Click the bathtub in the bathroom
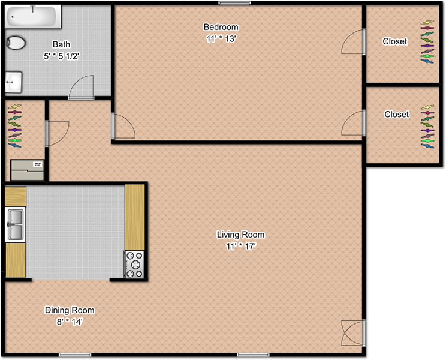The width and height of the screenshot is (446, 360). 33,17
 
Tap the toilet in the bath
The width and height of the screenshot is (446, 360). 16,43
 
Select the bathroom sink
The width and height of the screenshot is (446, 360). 13,82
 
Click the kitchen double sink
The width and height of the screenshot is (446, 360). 15,224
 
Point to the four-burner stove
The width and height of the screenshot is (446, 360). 134,265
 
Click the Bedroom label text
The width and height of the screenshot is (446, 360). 221,27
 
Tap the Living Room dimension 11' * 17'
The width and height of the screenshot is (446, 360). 241,246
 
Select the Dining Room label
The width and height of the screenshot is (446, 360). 70,310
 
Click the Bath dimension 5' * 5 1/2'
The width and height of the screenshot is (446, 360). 61,56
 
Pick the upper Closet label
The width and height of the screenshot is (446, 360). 395,41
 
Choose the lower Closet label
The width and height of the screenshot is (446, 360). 396,114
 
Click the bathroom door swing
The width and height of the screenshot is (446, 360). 82,87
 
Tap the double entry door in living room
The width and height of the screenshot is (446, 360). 353,333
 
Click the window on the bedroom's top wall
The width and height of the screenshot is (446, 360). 234,4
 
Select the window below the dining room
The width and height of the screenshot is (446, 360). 75,355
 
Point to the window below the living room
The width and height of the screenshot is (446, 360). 253,355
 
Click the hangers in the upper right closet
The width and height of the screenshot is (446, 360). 427,42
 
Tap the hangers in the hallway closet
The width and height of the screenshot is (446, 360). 15,126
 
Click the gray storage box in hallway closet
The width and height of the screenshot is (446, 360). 28,170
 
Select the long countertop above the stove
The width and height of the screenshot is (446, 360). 135,217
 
